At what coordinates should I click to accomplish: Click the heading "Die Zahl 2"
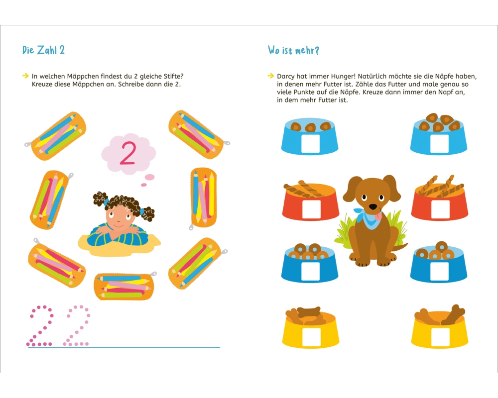pyautogui.click(x=43, y=50)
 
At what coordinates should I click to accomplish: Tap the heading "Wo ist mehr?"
pyautogui.click(x=293, y=50)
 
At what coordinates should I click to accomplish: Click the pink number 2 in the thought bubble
pyautogui.click(x=128, y=153)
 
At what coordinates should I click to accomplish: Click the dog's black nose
pyautogui.click(x=373, y=207)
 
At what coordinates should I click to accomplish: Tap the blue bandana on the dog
pyautogui.click(x=369, y=218)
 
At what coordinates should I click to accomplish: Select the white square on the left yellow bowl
pyautogui.click(x=311, y=337)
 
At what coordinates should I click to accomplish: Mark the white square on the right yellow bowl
pyautogui.click(x=441, y=337)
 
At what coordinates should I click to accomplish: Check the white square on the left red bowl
pyautogui.click(x=311, y=209)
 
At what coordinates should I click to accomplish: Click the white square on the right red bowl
pyautogui.click(x=441, y=209)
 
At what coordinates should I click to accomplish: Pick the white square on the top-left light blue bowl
pyautogui.click(x=310, y=143)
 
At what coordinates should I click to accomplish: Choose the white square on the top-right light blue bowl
pyautogui.click(x=440, y=143)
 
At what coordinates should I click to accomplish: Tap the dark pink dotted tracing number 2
pyautogui.click(x=40, y=326)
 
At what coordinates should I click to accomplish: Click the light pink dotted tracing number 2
pyautogui.click(x=77, y=326)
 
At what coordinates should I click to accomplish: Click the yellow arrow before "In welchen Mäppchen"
pyautogui.click(x=25, y=76)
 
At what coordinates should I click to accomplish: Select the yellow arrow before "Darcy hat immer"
pyautogui.click(x=270, y=76)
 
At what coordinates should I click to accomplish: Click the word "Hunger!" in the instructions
pyautogui.click(x=343, y=77)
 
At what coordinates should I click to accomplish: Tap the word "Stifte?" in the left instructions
pyautogui.click(x=173, y=77)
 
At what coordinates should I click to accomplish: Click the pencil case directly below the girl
pyautogui.click(x=124, y=286)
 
